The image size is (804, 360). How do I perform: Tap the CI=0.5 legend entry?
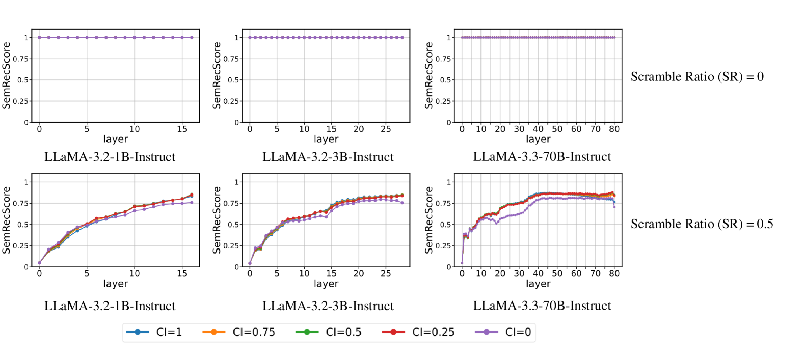pos(329,333)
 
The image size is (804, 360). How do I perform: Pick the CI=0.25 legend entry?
pos(418,333)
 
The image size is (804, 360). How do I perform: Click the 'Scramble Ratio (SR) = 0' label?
pos(697,77)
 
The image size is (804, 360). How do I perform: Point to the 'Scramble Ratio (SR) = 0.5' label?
pos(702,224)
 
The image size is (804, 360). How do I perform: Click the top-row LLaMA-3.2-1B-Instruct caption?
pos(110,157)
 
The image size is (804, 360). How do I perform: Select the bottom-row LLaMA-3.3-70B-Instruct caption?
pos(542,306)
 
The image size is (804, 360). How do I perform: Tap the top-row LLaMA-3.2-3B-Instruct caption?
pos(328,157)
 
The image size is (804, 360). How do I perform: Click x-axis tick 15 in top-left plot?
pos(182,129)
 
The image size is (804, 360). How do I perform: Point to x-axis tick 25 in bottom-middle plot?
pos(386,274)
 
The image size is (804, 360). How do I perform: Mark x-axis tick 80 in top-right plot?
pos(614,129)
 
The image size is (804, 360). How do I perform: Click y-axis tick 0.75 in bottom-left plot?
pos(20,203)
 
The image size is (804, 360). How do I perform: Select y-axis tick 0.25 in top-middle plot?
pos(231,101)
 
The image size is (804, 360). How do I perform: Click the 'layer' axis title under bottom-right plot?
pos(538,284)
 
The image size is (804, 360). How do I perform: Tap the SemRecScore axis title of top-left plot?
pos(6,75)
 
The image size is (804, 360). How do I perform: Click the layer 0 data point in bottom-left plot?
pos(39,263)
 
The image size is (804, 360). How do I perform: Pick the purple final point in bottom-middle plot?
pos(402,203)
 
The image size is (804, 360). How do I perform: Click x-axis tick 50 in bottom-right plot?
pos(557,274)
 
